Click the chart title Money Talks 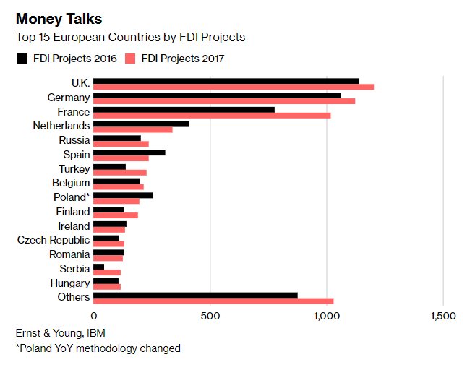point(57,18)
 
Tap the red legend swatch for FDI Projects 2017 point(130,59)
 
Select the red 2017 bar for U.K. point(234,87)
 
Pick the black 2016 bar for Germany point(217,95)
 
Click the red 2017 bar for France point(212,115)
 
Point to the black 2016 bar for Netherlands point(141,124)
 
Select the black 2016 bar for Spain point(129,152)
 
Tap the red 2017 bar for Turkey point(120,172)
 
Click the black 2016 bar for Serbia point(99,266)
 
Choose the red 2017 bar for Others point(213,301)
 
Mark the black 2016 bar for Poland point(123,194)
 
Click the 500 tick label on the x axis point(210,316)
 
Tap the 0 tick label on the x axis point(94,316)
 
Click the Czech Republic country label point(54,240)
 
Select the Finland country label point(72,212)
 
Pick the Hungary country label point(70,283)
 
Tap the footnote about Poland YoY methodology point(98,348)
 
